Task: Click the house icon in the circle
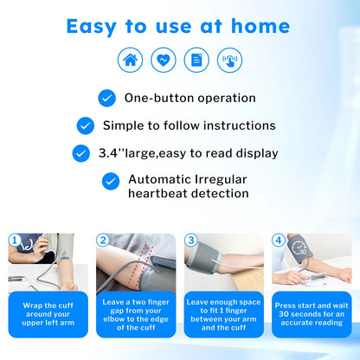point(130,60)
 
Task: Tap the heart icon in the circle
point(163,60)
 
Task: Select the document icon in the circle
point(196,60)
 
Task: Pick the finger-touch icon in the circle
point(229,60)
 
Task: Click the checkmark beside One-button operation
point(107,98)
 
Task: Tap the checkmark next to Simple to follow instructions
point(85,125)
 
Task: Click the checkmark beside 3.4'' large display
point(106,153)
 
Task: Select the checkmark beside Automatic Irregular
point(110,181)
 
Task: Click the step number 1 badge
point(14,240)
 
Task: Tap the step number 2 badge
point(103,240)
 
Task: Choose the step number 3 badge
point(191,240)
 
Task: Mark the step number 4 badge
point(278,240)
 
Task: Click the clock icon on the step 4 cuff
point(298,247)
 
